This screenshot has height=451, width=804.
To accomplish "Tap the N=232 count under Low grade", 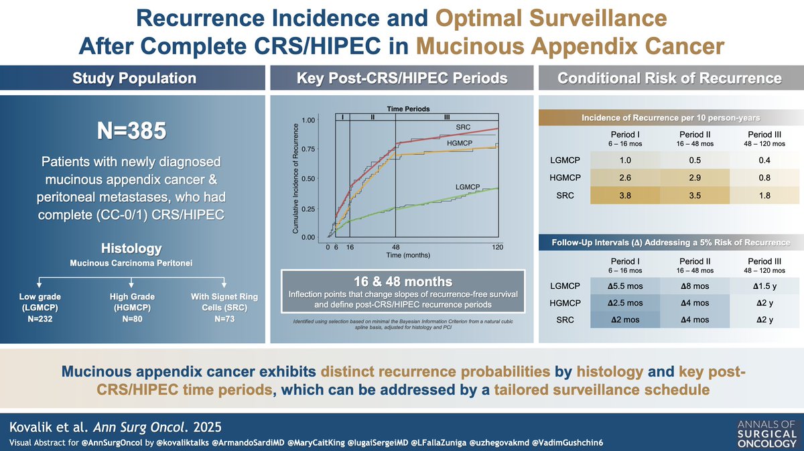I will [37, 318].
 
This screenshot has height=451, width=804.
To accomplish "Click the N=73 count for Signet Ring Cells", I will [223, 318].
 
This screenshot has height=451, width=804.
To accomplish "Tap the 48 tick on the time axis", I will [395, 247].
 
